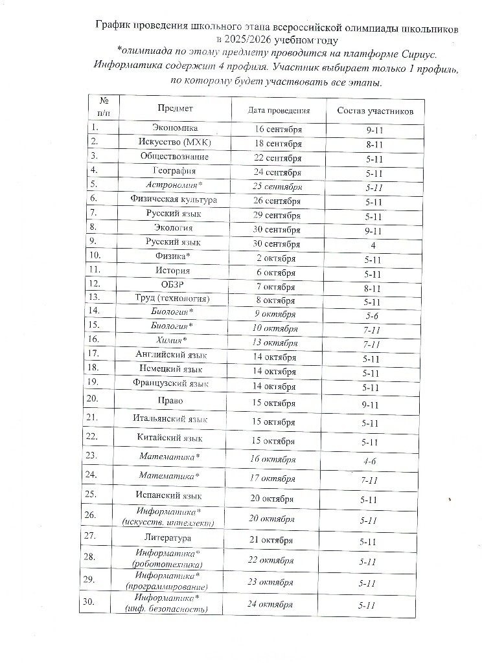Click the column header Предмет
175,109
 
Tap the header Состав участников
375,111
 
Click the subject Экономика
174,128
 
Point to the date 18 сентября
279,143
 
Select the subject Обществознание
174,157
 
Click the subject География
174,171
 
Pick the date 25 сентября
279,186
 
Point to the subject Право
174,401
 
